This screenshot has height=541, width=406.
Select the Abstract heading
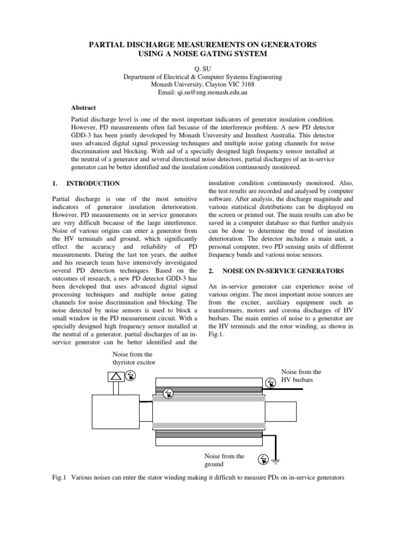point(84,107)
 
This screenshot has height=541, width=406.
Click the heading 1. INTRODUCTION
point(86,184)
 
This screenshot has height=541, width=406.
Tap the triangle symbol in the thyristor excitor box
point(116,376)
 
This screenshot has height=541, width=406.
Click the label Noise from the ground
point(224,460)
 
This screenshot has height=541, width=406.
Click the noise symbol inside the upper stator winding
point(168,392)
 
